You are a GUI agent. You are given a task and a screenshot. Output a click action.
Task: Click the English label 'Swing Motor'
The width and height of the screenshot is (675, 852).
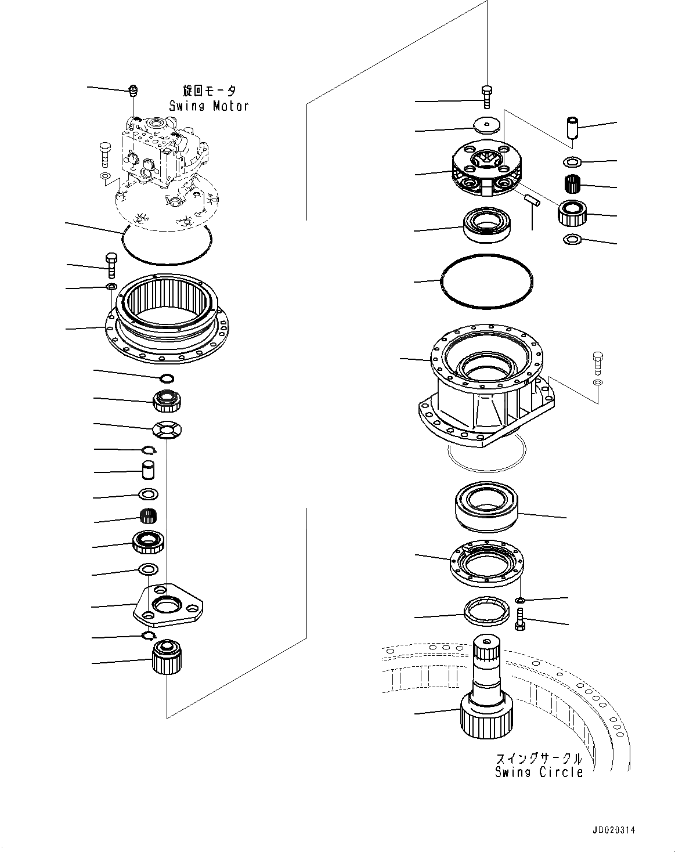point(208,106)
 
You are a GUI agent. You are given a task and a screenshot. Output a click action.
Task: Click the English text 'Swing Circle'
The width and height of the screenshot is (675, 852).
point(539,772)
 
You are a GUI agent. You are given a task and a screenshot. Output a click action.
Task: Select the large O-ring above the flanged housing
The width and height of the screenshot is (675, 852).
point(486,280)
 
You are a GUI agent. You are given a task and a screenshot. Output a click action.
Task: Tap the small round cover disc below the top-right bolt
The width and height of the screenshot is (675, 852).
point(486,125)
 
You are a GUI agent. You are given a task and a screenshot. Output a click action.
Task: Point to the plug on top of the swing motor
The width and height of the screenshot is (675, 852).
point(133,90)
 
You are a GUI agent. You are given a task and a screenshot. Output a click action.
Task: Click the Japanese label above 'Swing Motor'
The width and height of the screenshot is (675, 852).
point(209,92)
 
